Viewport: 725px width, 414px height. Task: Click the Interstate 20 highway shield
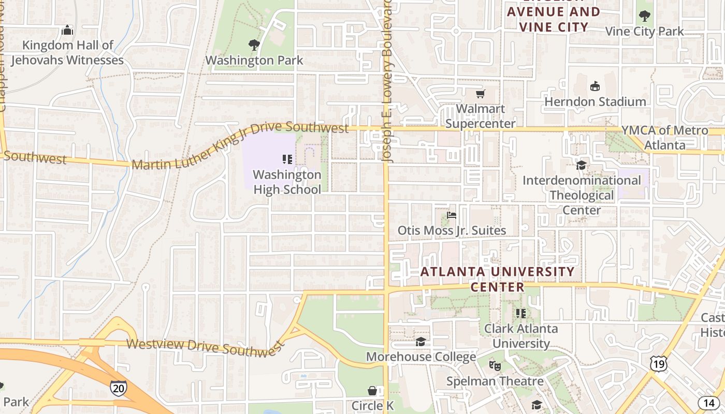[x=119, y=388]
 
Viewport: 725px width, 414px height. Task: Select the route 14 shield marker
[x=709, y=403]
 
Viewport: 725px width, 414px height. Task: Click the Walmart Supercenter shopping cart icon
[x=481, y=94]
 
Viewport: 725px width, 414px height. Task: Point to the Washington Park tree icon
[x=254, y=45]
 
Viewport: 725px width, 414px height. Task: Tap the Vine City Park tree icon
[x=645, y=16]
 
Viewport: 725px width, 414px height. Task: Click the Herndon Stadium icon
[x=595, y=86]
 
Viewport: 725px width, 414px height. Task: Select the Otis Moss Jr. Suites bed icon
[x=452, y=215]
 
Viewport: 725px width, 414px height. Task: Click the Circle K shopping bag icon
[x=372, y=390]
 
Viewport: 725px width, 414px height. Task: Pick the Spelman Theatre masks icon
[x=495, y=366]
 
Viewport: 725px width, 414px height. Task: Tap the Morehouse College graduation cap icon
[x=421, y=342]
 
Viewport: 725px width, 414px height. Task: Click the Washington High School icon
[x=287, y=159]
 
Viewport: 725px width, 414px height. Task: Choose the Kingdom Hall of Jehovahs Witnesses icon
[x=67, y=31]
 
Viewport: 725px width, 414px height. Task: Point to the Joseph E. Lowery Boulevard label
[x=388, y=83]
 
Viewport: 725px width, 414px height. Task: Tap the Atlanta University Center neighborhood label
[x=497, y=279]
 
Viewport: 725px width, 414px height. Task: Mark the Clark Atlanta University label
[x=521, y=336]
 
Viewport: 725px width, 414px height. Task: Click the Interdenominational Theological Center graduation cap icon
[x=582, y=165]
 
